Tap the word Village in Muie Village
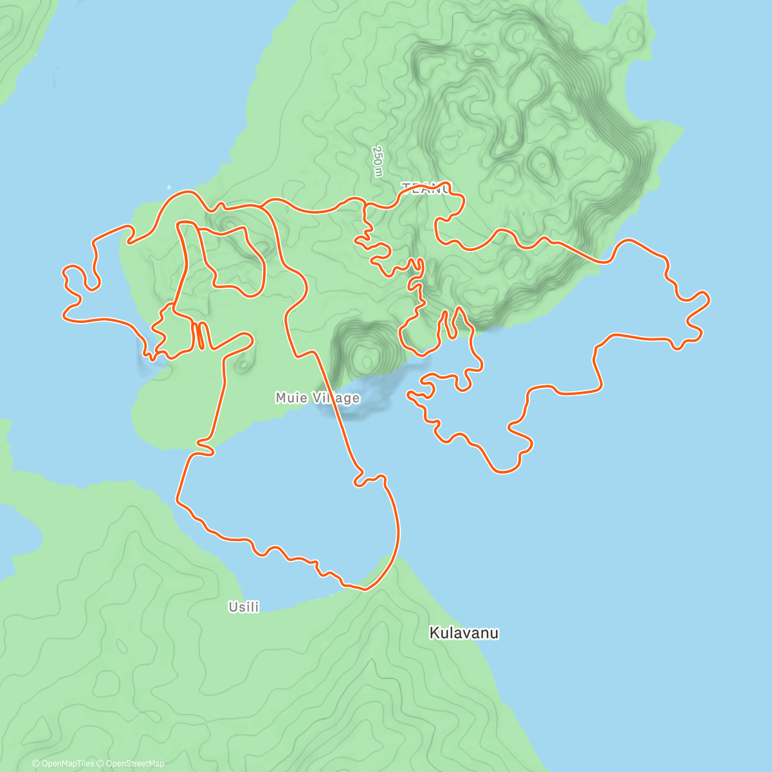click(336, 398)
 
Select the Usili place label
click(244, 607)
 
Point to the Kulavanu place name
click(464, 633)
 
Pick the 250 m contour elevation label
click(378, 161)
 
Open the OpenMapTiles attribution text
click(62, 764)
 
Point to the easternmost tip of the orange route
click(709, 299)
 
